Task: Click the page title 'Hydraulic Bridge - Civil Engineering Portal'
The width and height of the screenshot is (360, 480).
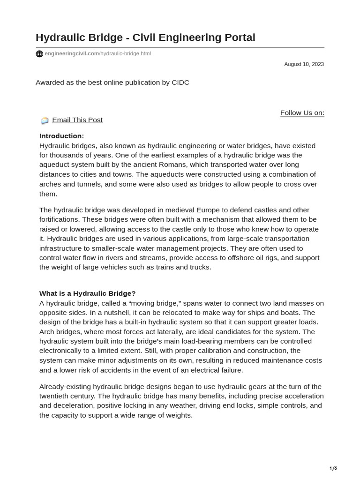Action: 145,37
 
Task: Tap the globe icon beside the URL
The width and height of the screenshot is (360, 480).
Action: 39,54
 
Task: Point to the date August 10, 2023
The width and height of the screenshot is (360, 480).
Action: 304,64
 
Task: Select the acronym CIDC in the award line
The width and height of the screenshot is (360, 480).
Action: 180,82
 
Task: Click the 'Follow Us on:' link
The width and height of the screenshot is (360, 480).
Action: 302,112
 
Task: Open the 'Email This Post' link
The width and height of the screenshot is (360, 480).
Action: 77,120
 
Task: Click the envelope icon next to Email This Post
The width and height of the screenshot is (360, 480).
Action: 45,120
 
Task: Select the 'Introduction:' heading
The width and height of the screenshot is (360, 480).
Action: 61,136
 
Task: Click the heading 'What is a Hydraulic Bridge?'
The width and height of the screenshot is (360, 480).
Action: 87,293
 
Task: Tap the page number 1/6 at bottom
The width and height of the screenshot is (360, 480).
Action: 333,468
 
